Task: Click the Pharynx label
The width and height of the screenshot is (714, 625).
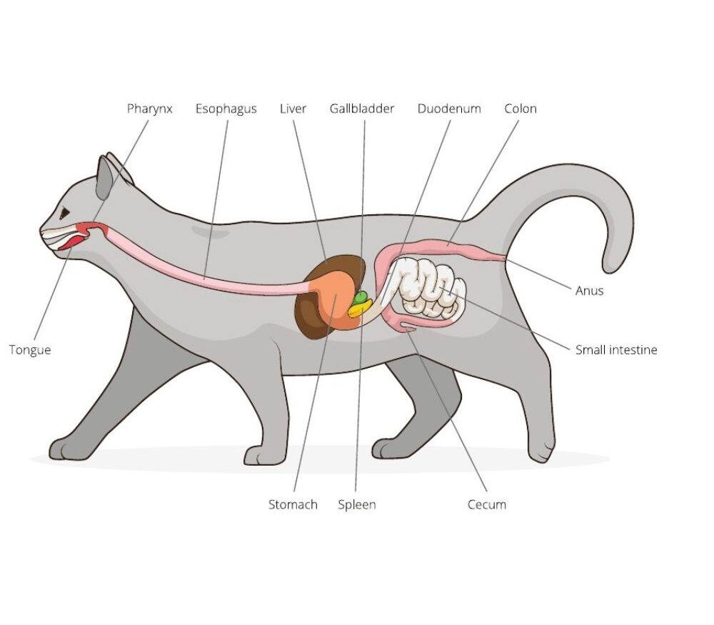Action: (x=149, y=109)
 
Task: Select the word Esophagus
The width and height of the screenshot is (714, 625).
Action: (x=226, y=109)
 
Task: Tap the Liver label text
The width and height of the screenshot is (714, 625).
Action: (x=293, y=109)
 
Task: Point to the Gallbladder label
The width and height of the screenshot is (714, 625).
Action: (x=361, y=109)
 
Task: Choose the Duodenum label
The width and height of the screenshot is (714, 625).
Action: (x=449, y=109)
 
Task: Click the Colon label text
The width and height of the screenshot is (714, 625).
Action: (x=520, y=109)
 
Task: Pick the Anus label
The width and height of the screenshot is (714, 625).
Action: (x=589, y=291)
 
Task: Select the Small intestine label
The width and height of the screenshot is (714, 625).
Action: (x=616, y=350)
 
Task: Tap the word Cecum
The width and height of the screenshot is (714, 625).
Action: (x=486, y=504)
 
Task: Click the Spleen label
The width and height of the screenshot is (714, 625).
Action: (x=356, y=504)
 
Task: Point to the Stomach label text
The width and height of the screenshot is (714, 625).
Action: (x=293, y=504)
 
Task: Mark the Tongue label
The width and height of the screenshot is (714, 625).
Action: (x=30, y=350)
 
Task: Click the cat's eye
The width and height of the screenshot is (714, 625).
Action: (x=65, y=212)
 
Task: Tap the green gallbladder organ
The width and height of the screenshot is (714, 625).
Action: (x=361, y=296)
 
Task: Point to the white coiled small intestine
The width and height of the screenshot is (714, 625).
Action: (x=428, y=289)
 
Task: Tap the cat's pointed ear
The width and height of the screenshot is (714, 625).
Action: (x=106, y=175)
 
